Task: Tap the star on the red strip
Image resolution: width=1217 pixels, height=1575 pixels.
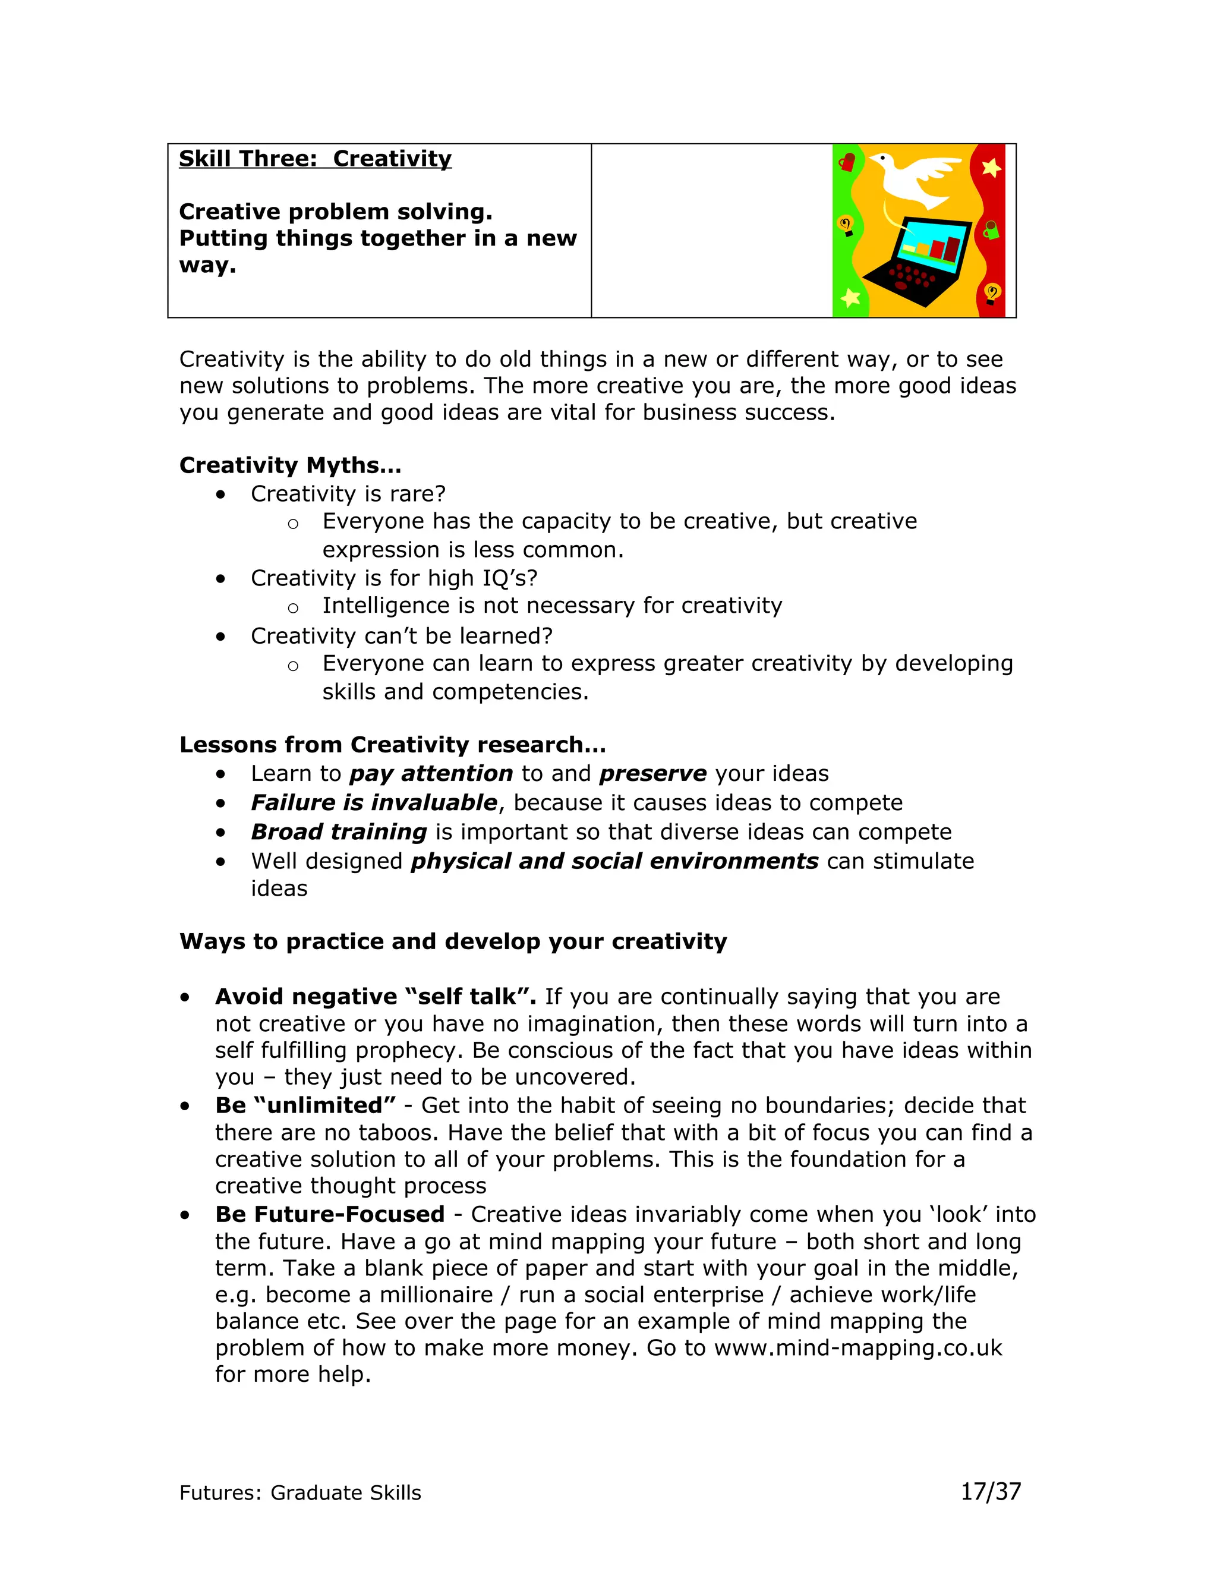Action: click(x=991, y=168)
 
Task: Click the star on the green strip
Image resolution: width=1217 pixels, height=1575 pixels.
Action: click(x=851, y=297)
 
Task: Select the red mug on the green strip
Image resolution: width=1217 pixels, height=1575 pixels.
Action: click(x=847, y=163)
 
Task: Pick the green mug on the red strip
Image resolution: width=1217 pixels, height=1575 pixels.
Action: click(x=991, y=231)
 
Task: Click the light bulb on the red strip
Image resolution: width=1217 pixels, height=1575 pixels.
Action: click(x=992, y=293)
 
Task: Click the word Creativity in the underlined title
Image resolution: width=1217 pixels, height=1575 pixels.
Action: click(x=392, y=159)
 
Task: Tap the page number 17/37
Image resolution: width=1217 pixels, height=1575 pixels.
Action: click(x=991, y=1491)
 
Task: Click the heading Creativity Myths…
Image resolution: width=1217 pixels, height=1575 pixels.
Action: click(x=290, y=465)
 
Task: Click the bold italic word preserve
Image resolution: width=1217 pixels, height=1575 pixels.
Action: click(x=652, y=774)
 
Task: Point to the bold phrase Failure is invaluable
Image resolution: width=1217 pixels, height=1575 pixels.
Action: click(x=373, y=802)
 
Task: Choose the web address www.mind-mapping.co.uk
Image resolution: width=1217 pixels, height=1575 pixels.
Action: click(x=858, y=1348)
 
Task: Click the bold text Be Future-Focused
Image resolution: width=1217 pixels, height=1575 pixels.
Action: click(x=329, y=1214)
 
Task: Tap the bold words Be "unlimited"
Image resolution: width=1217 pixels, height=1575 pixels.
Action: click(x=305, y=1105)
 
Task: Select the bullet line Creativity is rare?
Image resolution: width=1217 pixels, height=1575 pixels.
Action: click(x=348, y=494)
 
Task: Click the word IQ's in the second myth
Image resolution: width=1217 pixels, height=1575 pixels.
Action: click(x=510, y=578)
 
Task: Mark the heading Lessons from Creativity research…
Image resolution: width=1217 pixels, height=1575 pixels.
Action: click(x=392, y=745)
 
